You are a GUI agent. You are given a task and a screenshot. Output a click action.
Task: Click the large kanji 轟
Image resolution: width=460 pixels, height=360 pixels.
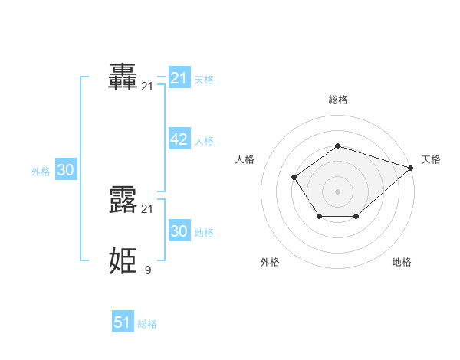(123, 77)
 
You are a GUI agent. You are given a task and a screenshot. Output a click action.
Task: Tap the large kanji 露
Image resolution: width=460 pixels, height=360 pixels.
(123, 200)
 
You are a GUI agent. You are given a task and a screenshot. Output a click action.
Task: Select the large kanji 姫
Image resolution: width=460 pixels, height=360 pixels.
(123, 261)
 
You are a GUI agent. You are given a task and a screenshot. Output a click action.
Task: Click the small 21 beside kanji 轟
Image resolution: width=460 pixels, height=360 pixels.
(147, 87)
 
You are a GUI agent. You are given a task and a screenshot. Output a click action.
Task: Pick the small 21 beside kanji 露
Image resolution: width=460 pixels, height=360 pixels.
(147, 208)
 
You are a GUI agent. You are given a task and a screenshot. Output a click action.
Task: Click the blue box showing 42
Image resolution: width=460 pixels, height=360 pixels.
(179, 139)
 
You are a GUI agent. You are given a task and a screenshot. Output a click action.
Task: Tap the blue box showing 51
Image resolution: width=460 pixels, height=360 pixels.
(123, 322)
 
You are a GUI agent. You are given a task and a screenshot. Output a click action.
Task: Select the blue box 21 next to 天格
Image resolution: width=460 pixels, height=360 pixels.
(179, 78)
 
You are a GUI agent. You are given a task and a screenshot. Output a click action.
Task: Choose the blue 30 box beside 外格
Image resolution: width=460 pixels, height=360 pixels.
(65, 170)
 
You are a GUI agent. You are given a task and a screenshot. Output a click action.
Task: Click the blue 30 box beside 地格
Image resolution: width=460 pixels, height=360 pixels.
(179, 231)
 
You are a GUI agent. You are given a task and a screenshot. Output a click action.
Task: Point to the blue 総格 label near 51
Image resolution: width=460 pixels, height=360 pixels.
(147, 324)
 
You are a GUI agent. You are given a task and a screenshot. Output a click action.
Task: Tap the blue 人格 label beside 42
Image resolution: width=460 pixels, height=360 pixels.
(204, 141)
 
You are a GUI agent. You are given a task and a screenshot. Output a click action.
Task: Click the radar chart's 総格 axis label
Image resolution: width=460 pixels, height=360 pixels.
(337, 100)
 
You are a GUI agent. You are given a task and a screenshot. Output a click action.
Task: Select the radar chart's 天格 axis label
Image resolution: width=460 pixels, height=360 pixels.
(431, 159)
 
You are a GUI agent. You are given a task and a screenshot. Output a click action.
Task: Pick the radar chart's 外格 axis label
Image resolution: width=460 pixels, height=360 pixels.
(270, 262)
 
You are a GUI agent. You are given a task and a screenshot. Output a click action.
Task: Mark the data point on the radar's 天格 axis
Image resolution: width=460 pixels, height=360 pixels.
(412, 167)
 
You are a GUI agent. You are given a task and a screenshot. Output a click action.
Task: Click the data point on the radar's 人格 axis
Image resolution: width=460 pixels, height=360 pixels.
(294, 178)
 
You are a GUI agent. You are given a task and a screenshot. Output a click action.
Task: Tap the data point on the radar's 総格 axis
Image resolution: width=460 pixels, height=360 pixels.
(337, 146)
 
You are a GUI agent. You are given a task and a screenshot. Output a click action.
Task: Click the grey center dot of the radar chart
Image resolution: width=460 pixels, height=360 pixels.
(337, 191)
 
